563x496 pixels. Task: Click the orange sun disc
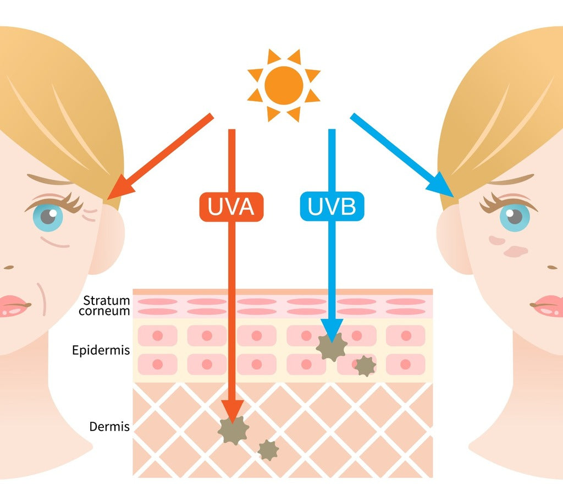[284, 85]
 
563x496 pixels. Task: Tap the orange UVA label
[231, 207]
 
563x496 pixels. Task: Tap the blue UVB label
[332, 207]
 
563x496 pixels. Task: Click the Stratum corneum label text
[107, 306]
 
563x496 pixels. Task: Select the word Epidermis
[101, 350]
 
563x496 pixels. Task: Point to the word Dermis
[109, 427]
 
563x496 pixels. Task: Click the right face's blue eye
[514, 216]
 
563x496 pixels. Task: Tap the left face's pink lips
[12, 305]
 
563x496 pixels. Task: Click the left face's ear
[108, 242]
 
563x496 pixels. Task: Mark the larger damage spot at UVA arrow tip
[233, 430]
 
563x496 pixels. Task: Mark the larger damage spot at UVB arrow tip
[332, 347]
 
